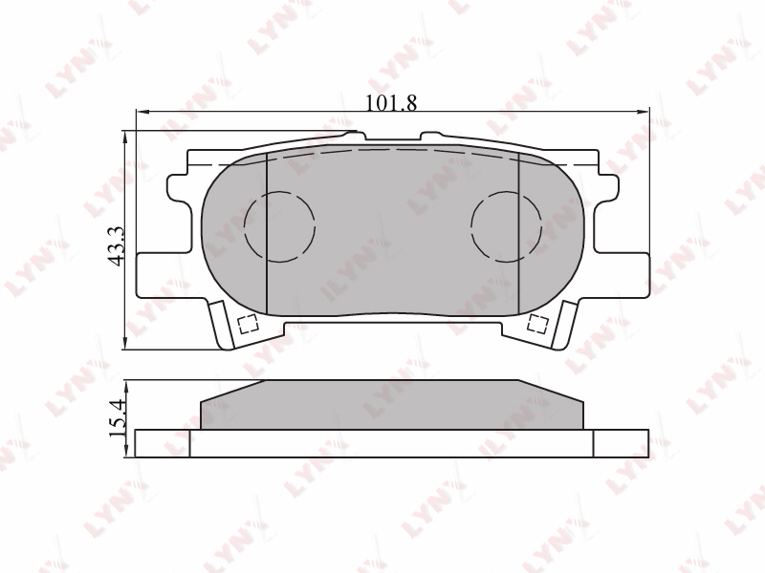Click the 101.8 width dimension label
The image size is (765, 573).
(392, 103)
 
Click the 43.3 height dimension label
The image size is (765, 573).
(117, 246)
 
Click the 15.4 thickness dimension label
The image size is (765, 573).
(117, 417)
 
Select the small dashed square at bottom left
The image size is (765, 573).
(248, 324)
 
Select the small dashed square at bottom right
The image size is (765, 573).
(538, 324)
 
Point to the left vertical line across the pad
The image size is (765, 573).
(267, 234)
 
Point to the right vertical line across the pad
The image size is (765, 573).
(518, 234)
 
